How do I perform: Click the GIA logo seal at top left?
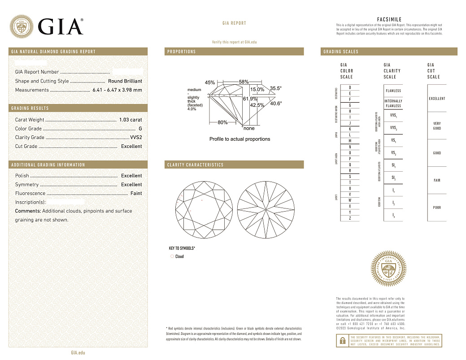22,26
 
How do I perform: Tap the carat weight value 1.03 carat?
131,120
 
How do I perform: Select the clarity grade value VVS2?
135,138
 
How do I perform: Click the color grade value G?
140,129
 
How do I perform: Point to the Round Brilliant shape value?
125,81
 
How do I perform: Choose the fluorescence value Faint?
136,193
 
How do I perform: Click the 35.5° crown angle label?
276,88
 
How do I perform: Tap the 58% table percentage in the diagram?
244,82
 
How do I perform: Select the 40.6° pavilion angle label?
276,104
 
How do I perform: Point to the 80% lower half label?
222,122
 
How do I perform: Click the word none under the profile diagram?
249,128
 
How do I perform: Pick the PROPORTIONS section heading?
182,52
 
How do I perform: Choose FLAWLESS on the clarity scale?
393,91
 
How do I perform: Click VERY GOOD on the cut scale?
437,126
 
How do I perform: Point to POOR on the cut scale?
437,208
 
